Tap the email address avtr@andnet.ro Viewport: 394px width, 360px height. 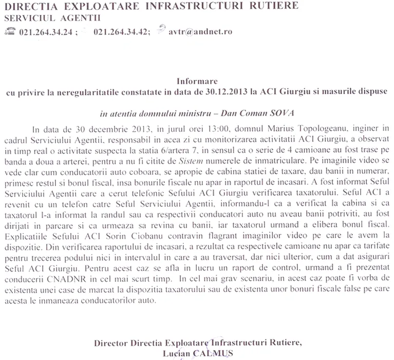pyautogui.click(x=200, y=31)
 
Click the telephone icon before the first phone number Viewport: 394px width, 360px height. pyautogui.click(x=9, y=31)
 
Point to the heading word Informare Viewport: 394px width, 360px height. pyautogui.click(x=197, y=81)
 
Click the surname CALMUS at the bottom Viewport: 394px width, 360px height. pyautogui.click(x=212, y=353)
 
